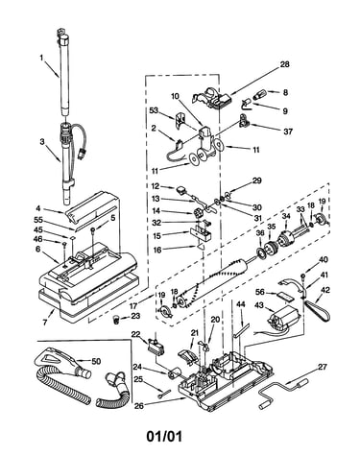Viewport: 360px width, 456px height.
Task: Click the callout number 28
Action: point(284,64)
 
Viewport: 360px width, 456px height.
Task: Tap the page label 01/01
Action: point(164,436)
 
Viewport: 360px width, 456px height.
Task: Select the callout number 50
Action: point(96,361)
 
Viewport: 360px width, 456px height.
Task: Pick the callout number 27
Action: point(323,367)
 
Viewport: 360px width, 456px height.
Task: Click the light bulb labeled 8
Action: point(260,95)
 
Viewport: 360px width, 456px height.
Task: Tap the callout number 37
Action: point(288,132)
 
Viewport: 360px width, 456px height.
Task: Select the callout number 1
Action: point(41,58)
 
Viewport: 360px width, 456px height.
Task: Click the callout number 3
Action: point(42,141)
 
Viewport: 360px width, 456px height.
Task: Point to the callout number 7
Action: point(44,323)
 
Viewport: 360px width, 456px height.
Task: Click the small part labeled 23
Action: point(117,319)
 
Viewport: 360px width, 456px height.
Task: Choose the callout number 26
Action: point(139,405)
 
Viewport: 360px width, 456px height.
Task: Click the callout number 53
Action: point(154,110)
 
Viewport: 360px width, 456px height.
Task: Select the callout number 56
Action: point(260,292)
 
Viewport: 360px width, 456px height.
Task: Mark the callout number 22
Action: point(136,334)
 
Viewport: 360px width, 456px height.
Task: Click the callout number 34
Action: point(286,216)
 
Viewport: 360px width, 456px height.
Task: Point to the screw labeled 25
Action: point(160,396)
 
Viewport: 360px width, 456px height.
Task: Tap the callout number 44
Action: point(240,304)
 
